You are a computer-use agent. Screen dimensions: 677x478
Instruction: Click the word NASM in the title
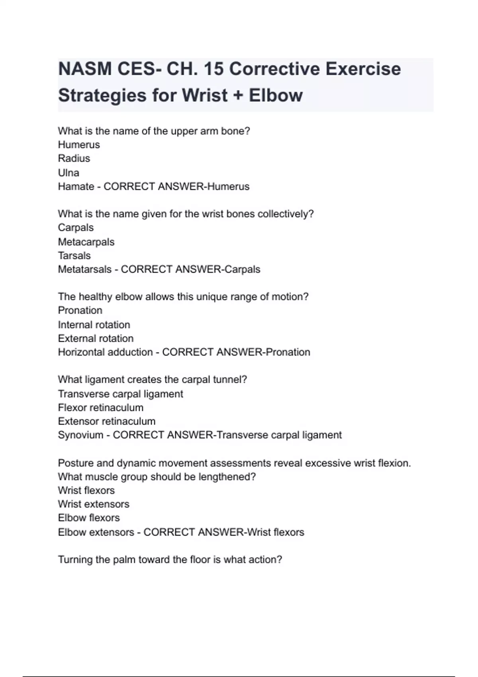[85, 69]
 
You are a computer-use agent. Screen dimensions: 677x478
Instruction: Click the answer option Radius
[74, 158]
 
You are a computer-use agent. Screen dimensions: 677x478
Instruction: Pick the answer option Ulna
[69, 173]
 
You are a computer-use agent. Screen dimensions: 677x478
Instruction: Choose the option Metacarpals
[86, 242]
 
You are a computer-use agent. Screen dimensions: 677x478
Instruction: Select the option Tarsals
[74, 256]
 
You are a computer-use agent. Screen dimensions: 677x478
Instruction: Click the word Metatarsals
[84, 269]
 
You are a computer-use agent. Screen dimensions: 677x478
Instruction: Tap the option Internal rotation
[94, 325]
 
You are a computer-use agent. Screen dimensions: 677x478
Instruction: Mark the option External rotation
[96, 338]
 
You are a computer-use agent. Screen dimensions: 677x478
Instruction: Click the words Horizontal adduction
[105, 352]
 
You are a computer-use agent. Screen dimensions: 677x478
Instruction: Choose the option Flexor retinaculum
[100, 407]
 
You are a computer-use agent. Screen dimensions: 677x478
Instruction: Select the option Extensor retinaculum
[107, 421]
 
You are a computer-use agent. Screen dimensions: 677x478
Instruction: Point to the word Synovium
[80, 435]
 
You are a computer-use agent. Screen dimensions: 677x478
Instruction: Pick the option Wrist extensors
[94, 504]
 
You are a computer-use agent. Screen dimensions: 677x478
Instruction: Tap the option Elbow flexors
[89, 518]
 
